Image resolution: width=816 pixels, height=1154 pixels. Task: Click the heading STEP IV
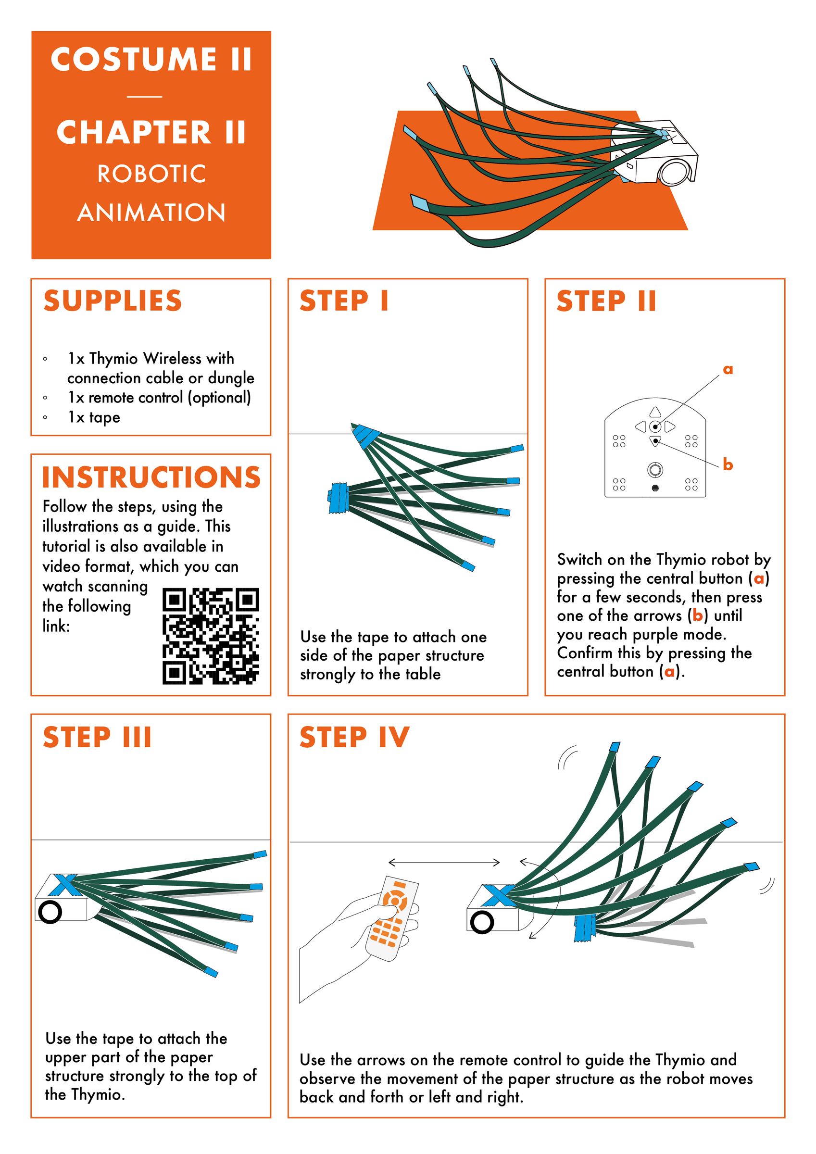(354, 737)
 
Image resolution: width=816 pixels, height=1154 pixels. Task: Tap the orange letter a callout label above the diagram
(728, 370)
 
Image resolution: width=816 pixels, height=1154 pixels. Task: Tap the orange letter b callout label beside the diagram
(728, 464)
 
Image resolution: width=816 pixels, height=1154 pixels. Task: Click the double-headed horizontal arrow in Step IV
(444, 863)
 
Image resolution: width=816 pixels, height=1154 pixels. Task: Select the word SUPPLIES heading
(113, 301)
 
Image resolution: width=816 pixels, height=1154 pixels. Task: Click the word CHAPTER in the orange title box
(134, 133)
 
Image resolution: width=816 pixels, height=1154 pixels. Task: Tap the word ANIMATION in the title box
(151, 213)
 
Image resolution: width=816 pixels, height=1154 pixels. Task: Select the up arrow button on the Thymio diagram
(654, 412)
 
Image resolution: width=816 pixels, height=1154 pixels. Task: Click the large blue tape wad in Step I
(339, 498)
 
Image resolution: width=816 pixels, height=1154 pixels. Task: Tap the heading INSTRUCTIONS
(151, 477)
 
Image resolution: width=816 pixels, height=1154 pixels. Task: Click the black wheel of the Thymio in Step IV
(482, 922)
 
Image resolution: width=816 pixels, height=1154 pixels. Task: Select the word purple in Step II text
(655, 634)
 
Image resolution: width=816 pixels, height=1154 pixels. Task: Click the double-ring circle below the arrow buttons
(654, 470)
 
